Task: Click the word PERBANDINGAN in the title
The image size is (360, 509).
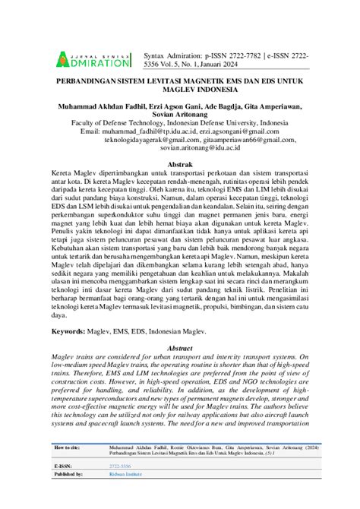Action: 85,79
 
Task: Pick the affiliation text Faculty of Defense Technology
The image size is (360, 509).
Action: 124,122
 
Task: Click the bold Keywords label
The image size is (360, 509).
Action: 77,332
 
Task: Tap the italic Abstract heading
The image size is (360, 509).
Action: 179,346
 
